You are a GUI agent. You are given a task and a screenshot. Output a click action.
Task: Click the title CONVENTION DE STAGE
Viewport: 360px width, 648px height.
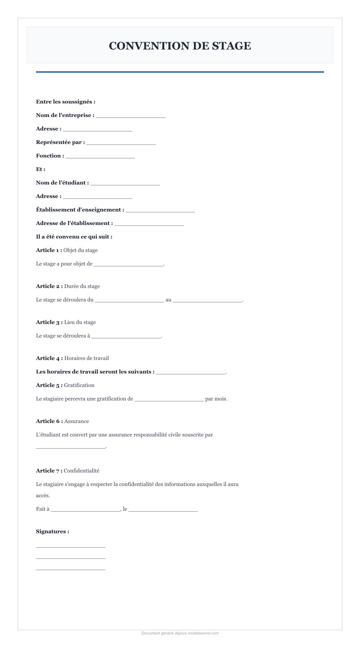click(x=180, y=46)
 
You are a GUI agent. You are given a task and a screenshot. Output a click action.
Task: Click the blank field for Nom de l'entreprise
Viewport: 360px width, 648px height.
click(x=130, y=116)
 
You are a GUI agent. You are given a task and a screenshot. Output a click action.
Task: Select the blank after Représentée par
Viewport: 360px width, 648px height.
click(x=121, y=143)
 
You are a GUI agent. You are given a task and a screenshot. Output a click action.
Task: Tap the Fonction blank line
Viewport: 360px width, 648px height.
click(x=100, y=156)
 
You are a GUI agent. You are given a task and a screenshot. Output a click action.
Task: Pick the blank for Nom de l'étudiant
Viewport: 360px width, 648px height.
click(x=125, y=183)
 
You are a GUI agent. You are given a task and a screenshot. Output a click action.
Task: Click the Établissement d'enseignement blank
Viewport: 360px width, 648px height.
click(x=160, y=210)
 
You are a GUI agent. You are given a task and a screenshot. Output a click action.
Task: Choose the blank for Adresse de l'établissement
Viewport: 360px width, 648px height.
click(x=149, y=224)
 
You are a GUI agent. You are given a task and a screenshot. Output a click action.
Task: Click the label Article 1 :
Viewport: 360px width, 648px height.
click(x=49, y=250)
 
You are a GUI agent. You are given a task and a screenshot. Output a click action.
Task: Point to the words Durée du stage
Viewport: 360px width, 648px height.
click(x=82, y=286)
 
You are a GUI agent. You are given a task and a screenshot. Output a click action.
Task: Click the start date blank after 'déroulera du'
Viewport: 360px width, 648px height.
click(x=130, y=300)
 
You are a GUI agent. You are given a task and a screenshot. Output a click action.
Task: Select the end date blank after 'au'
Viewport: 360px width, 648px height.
click(x=207, y=300)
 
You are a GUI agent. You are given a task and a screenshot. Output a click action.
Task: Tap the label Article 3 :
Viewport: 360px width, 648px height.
click(x=49, y=322)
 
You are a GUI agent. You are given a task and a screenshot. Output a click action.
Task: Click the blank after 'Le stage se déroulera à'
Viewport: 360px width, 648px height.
click(x=126, y=336)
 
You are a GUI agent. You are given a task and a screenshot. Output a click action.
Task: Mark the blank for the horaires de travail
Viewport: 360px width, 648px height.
click(x=191, y=372)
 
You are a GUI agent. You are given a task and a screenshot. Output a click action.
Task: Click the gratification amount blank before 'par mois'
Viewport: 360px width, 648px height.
click(x=169, y=399)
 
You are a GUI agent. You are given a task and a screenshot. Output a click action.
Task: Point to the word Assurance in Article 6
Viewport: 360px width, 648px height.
click(x=76, y=421)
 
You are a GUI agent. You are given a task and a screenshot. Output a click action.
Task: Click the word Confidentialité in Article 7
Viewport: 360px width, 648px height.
click(x=81, y=471)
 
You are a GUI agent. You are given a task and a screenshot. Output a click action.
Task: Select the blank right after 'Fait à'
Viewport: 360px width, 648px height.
click(x=85, y=509)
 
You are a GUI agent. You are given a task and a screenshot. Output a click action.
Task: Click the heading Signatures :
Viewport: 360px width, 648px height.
click(x=53, y=531)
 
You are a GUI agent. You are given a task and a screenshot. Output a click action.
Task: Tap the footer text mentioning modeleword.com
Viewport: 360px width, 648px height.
click(x=180, y=633)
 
